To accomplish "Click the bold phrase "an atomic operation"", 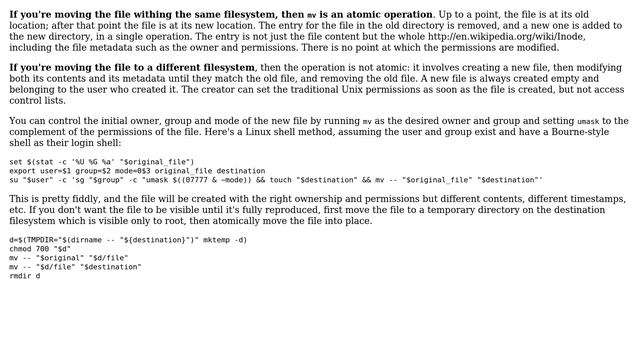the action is point(376,15).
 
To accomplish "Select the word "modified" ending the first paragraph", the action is point(536,47).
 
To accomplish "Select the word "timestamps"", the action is point(596,200).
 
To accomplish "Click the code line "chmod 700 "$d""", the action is point(40,249).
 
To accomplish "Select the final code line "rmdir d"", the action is point(25,276).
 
